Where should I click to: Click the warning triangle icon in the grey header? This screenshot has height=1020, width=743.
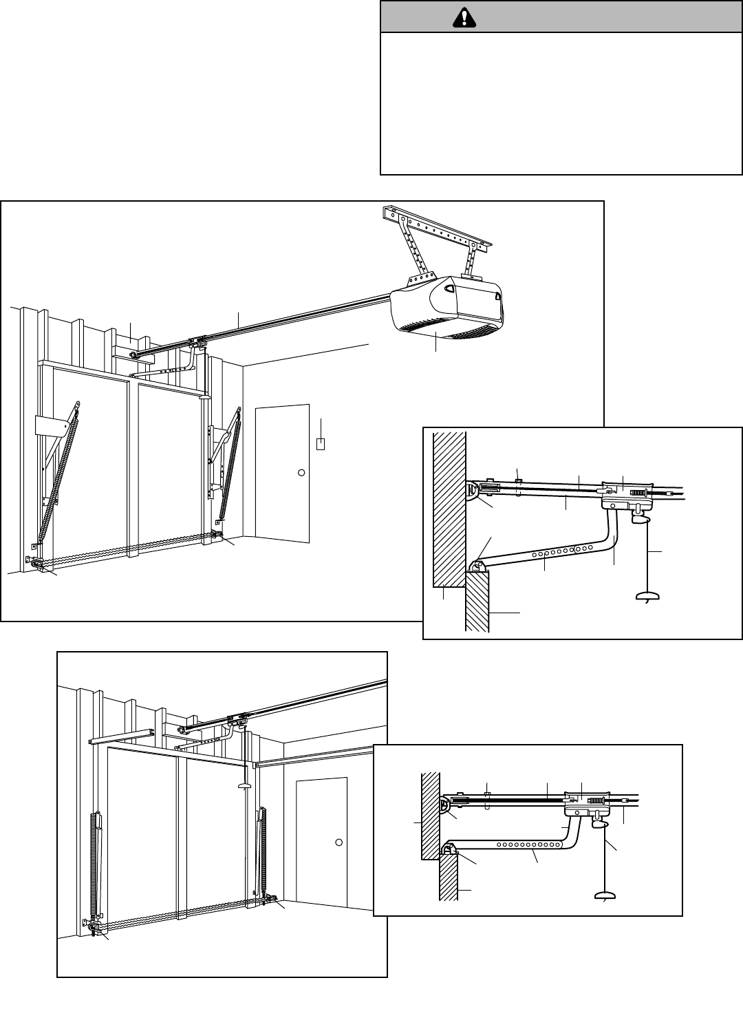point(469,19)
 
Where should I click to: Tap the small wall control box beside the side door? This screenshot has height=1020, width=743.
point(321,443)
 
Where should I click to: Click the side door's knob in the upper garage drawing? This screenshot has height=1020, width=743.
point(301,473)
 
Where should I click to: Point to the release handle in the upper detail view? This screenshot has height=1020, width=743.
point(647,597)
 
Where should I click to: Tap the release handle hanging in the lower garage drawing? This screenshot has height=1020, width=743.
point(242,785)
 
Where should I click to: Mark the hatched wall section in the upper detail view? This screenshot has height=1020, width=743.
point(449,509)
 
